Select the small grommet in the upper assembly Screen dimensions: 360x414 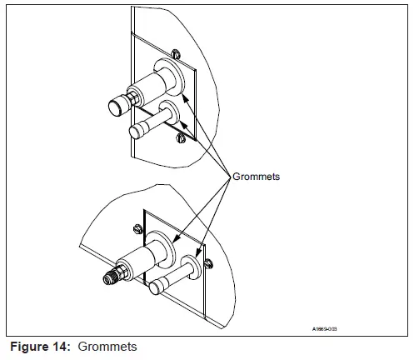point(171,112)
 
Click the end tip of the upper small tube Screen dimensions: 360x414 point(135,131)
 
